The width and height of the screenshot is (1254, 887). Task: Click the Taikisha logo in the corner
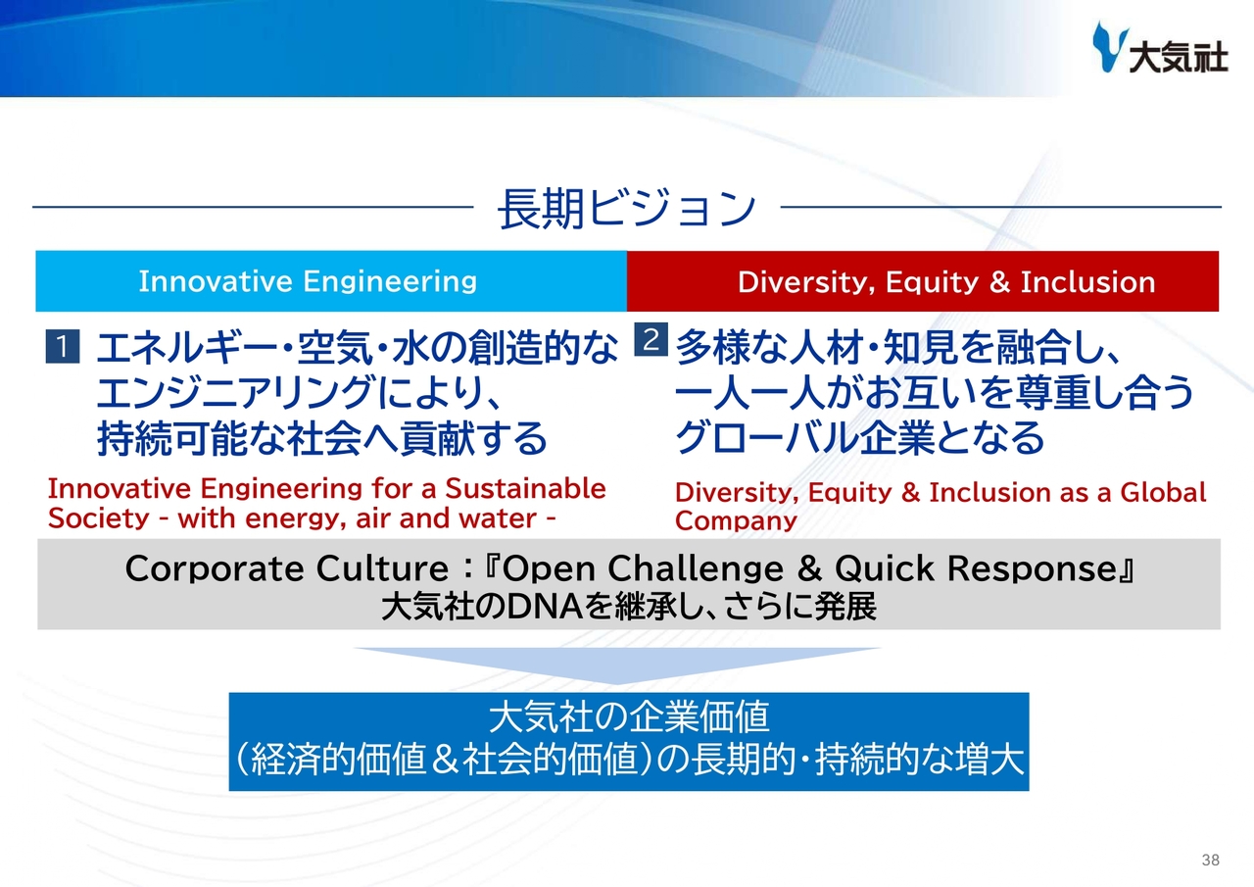(1160, 48)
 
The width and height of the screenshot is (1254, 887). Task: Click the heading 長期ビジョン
(627, 209)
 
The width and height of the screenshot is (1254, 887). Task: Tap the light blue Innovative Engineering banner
(331, 281)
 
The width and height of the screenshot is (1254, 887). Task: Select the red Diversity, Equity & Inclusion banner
(923, 281)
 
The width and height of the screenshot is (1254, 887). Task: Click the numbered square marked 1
(62, 347)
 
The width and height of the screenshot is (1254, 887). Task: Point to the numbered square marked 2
(651, 339)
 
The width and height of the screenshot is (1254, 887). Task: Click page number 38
(1210, 861)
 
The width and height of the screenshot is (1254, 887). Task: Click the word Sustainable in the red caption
(525, 488)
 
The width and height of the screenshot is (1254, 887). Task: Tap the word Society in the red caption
(99, 518)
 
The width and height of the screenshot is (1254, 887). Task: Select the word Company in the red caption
(736, 521)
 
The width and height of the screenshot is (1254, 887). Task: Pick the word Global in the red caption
(1163, 492)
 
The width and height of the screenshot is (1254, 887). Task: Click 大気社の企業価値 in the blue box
(629, 717)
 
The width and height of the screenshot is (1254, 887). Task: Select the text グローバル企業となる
(860, 437)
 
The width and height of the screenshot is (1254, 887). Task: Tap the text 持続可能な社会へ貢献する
(322, 438)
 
